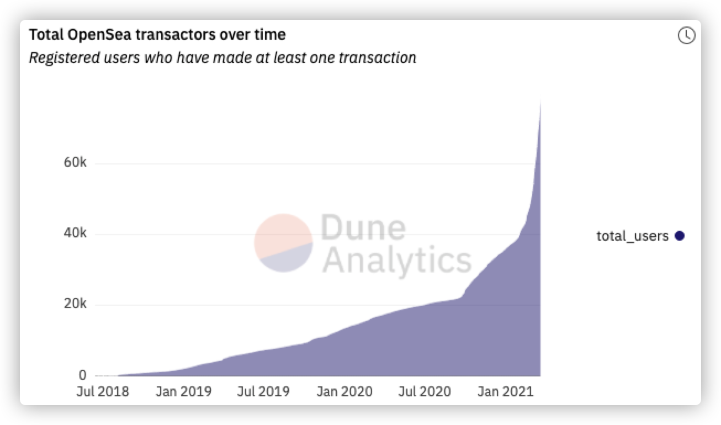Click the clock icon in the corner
[x=686, y=36]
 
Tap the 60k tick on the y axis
[x=76, y=163]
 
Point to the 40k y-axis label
[x=76, y=234]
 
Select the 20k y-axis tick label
[x=76, y=305]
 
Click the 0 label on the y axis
[x=82, y=375]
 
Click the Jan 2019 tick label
[x=183, y=392]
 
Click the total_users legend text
[x=632, y=236]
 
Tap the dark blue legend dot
[x=680, y=236]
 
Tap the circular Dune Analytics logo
[x=283, y=243]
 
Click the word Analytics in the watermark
[x=397, y=259]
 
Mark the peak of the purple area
[x=540, y=101]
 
